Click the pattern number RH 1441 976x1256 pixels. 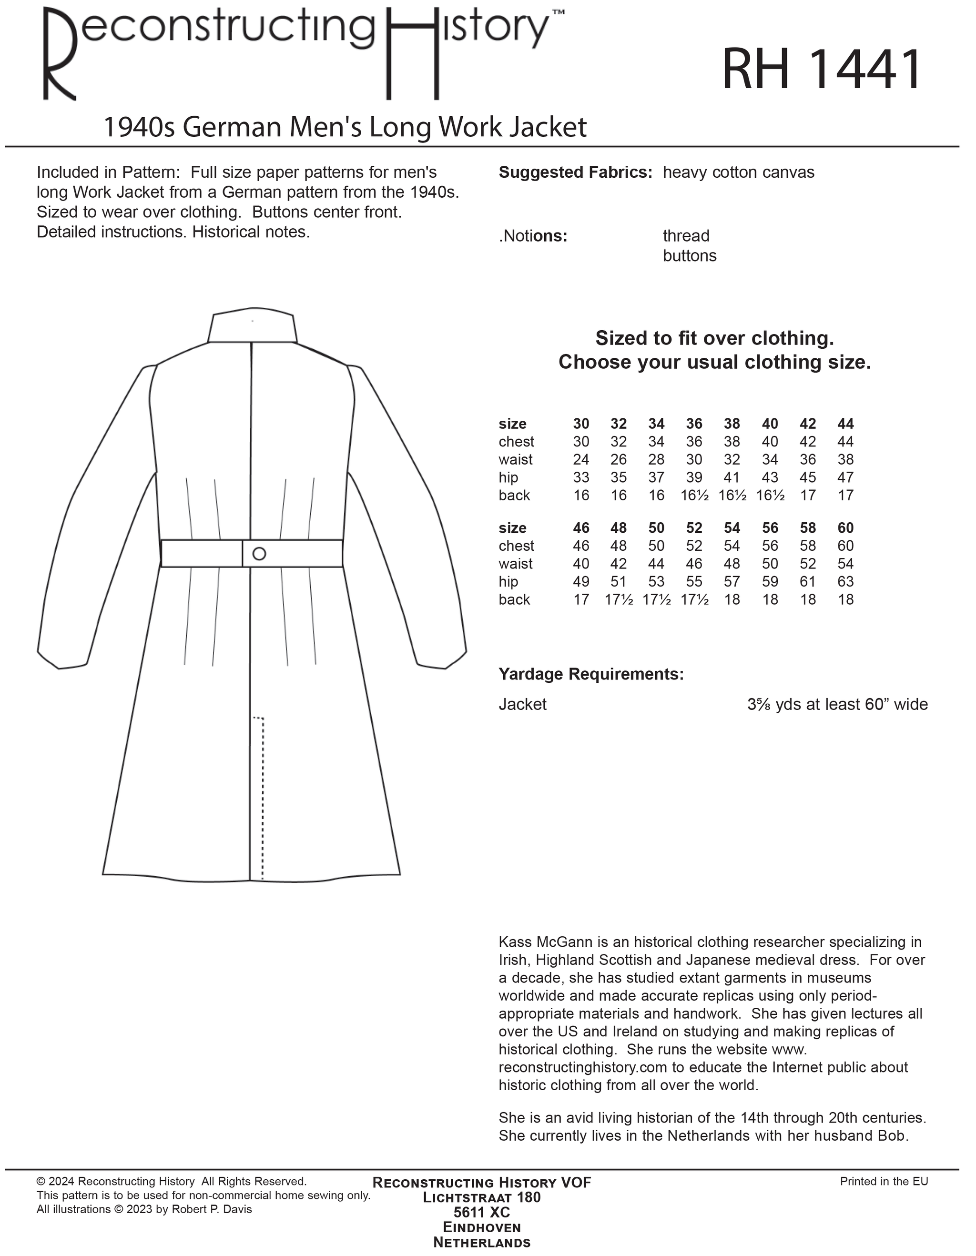821,70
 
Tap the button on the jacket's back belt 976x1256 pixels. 259,554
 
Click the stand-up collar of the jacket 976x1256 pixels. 253,328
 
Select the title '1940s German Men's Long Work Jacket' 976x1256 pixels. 345,127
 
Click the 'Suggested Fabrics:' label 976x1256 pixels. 575,172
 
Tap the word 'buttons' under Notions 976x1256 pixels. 690,256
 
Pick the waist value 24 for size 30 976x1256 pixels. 581,459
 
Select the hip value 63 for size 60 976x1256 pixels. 845,581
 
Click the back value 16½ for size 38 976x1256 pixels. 732,495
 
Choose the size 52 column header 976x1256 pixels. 694,528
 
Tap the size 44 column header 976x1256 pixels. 845,424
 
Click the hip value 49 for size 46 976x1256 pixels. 581,581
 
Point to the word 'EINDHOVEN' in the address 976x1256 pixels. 482,1228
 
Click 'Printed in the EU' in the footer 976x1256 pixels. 884,1181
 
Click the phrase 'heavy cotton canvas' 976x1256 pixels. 739,172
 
